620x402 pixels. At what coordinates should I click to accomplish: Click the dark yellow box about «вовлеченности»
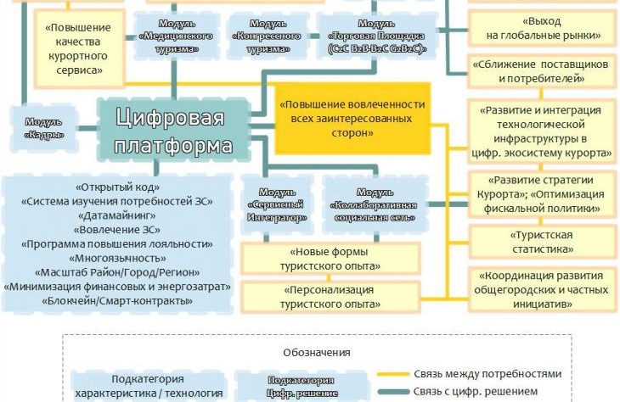coord(352,118)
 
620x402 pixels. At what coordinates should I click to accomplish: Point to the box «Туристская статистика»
coord(541,243)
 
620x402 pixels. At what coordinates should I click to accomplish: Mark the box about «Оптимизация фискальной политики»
coord(541,195)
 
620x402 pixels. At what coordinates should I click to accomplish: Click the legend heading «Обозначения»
coord(318,351)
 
